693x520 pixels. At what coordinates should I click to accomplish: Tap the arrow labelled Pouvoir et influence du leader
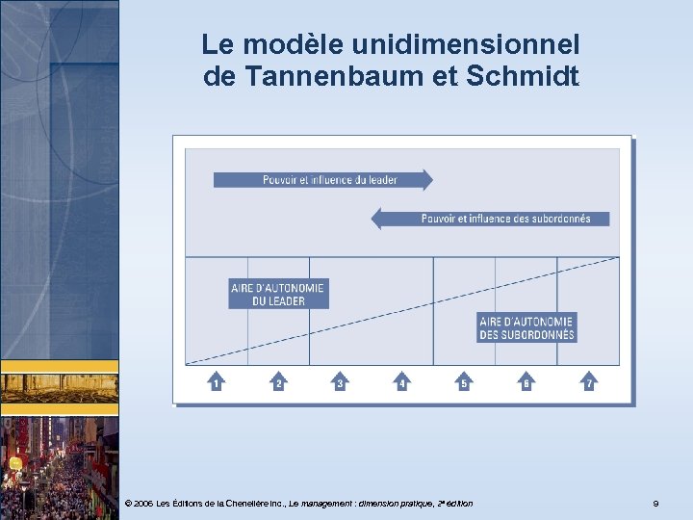coord(322,179)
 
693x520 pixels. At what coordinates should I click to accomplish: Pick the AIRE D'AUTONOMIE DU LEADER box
coord(278,294)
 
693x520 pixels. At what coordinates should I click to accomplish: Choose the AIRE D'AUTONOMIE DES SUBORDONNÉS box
coord(526,328)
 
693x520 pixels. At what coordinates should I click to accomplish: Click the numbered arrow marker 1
coord(216,382)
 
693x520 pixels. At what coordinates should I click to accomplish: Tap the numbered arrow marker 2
coord(278,382)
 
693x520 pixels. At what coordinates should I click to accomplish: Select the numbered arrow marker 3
coord(340,382)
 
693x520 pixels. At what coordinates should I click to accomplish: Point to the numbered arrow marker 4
coord(402,382)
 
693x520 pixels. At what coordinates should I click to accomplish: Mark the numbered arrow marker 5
coord(464,382)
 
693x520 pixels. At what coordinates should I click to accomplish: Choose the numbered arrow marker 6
coord(526,382)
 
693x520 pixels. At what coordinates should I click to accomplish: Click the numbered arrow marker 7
coord(588,382)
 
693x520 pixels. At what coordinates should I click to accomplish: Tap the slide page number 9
coord(655,504)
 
